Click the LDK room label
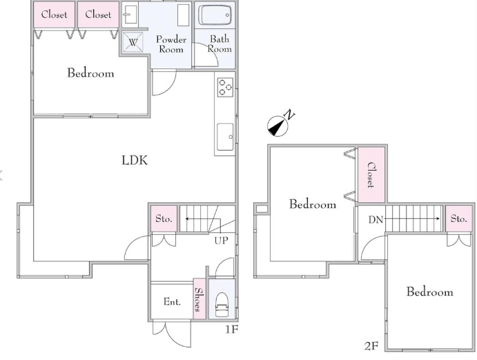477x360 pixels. [135, 160]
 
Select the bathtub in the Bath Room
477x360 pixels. [215, 15]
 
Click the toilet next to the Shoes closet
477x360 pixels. [222, 305]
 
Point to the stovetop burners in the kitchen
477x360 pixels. [226, 87]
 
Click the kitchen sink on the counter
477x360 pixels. [226, 137]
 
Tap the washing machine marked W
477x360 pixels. [133, 41]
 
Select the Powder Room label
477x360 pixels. [171, 44]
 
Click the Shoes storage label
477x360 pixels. [198, 299]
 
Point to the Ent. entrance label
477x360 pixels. [172, 301]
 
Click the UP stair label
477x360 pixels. [221, 240]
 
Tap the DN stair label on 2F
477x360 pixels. [376, 220]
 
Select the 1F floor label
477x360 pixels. [231, 329]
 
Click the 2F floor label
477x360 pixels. [371, 346]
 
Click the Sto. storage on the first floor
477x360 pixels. [164, 218]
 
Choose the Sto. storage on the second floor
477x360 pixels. [459, 218]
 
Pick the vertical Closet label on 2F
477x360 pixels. [371, 175]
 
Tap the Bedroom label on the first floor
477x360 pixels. [90, 73]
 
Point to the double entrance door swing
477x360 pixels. [172, 334]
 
